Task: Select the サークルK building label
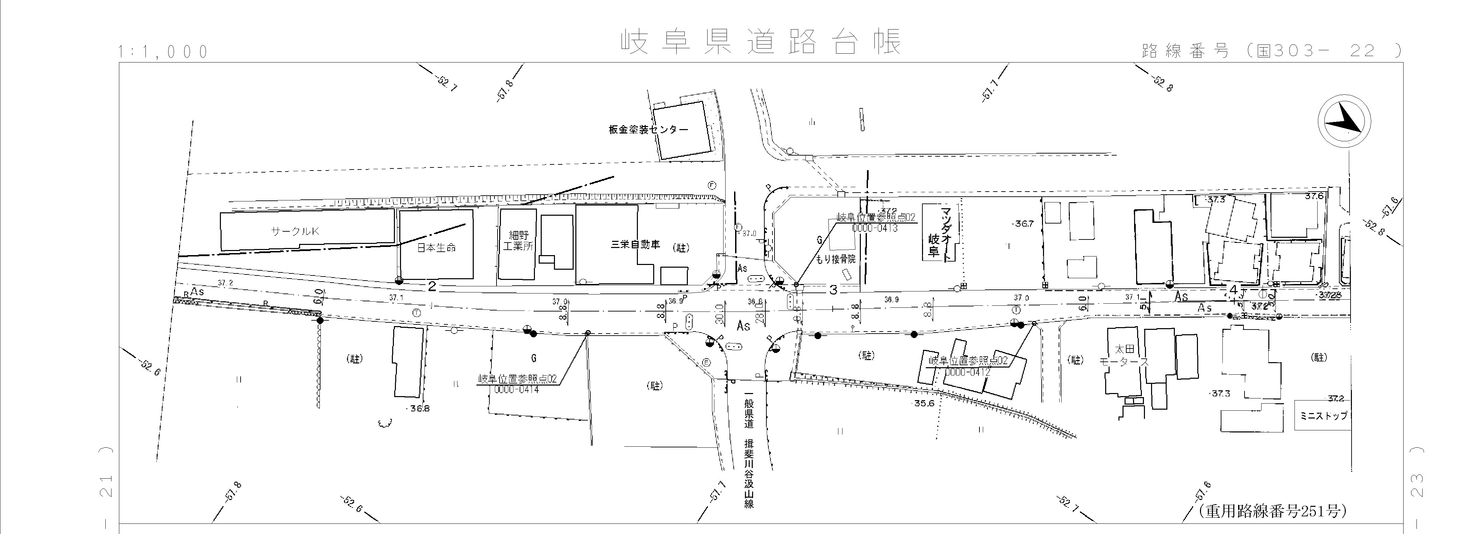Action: tap(295, 231)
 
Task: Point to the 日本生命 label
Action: tap(436, 247)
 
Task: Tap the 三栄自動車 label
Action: tap(635, 245)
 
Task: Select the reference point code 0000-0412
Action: tap(967, 372)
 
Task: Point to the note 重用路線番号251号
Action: tap(1272, 511)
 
